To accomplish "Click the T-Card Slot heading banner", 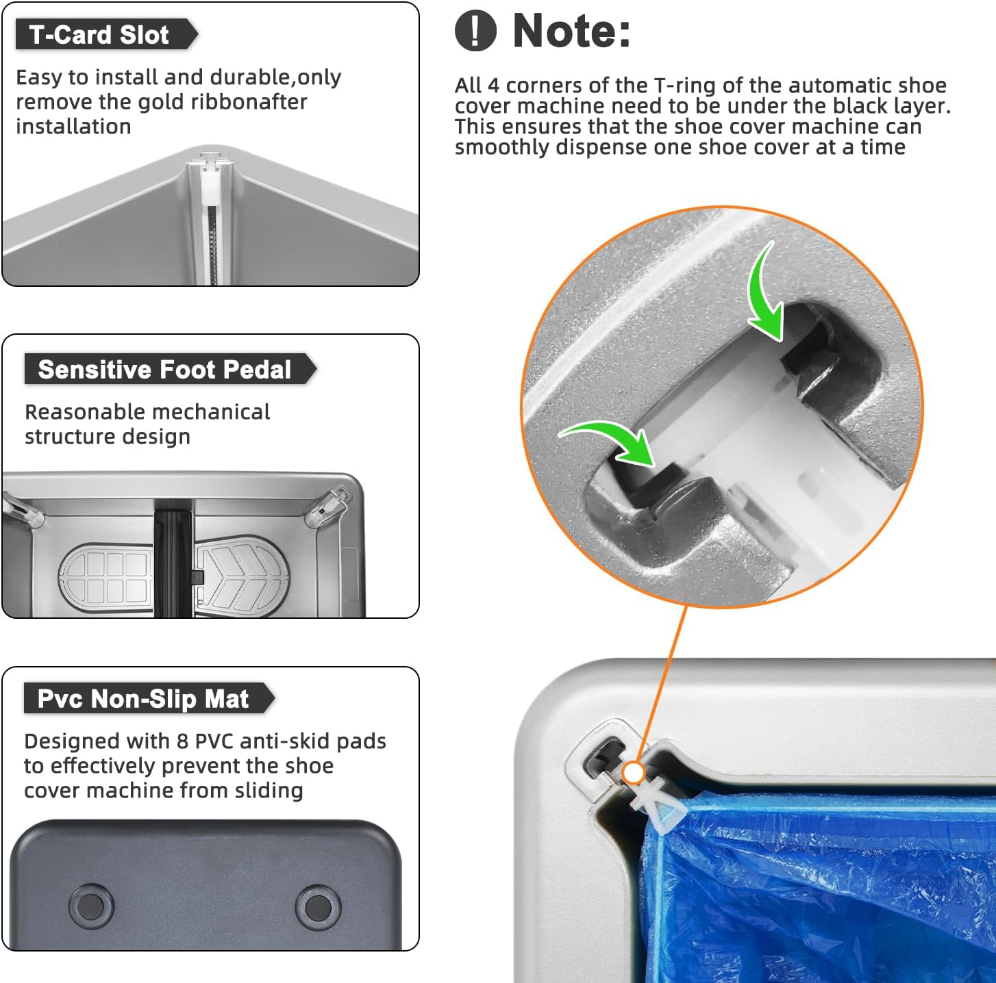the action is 106,35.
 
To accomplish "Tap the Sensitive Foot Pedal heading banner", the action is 170,369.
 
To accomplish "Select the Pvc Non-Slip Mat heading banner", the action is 149,698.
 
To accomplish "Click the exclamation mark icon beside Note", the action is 475,31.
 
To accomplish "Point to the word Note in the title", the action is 571,31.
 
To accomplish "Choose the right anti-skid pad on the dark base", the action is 318,906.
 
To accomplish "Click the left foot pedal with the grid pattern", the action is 106,578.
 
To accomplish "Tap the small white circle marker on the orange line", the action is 633,774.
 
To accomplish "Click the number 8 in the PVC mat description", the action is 182,741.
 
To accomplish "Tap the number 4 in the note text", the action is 493,86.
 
